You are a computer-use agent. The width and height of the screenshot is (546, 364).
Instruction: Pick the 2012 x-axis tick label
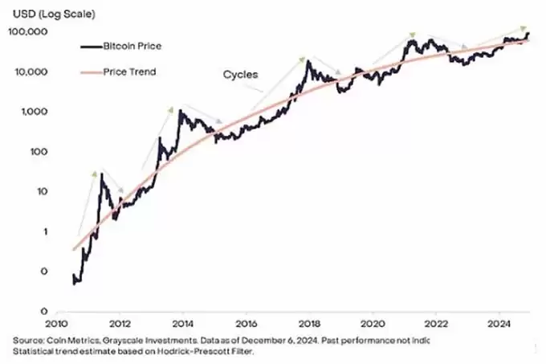(120, 324)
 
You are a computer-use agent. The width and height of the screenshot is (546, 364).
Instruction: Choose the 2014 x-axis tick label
(184, 324)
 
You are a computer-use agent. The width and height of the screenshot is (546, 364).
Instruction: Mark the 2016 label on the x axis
(247, 324)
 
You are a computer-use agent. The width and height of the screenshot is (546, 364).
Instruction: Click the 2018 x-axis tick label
(310, 324)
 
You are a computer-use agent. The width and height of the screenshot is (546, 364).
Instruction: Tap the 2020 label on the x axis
(373, 324)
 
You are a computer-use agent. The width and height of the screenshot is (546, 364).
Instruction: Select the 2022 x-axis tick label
(436, 324)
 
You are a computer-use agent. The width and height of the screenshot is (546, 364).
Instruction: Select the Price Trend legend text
(130, 72)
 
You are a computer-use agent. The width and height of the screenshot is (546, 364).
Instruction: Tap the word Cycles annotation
(240, 75)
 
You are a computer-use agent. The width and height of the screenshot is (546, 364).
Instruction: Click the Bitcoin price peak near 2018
(308, 62)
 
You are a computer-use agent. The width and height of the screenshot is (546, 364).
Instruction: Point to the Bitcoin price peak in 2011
(102, 174)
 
